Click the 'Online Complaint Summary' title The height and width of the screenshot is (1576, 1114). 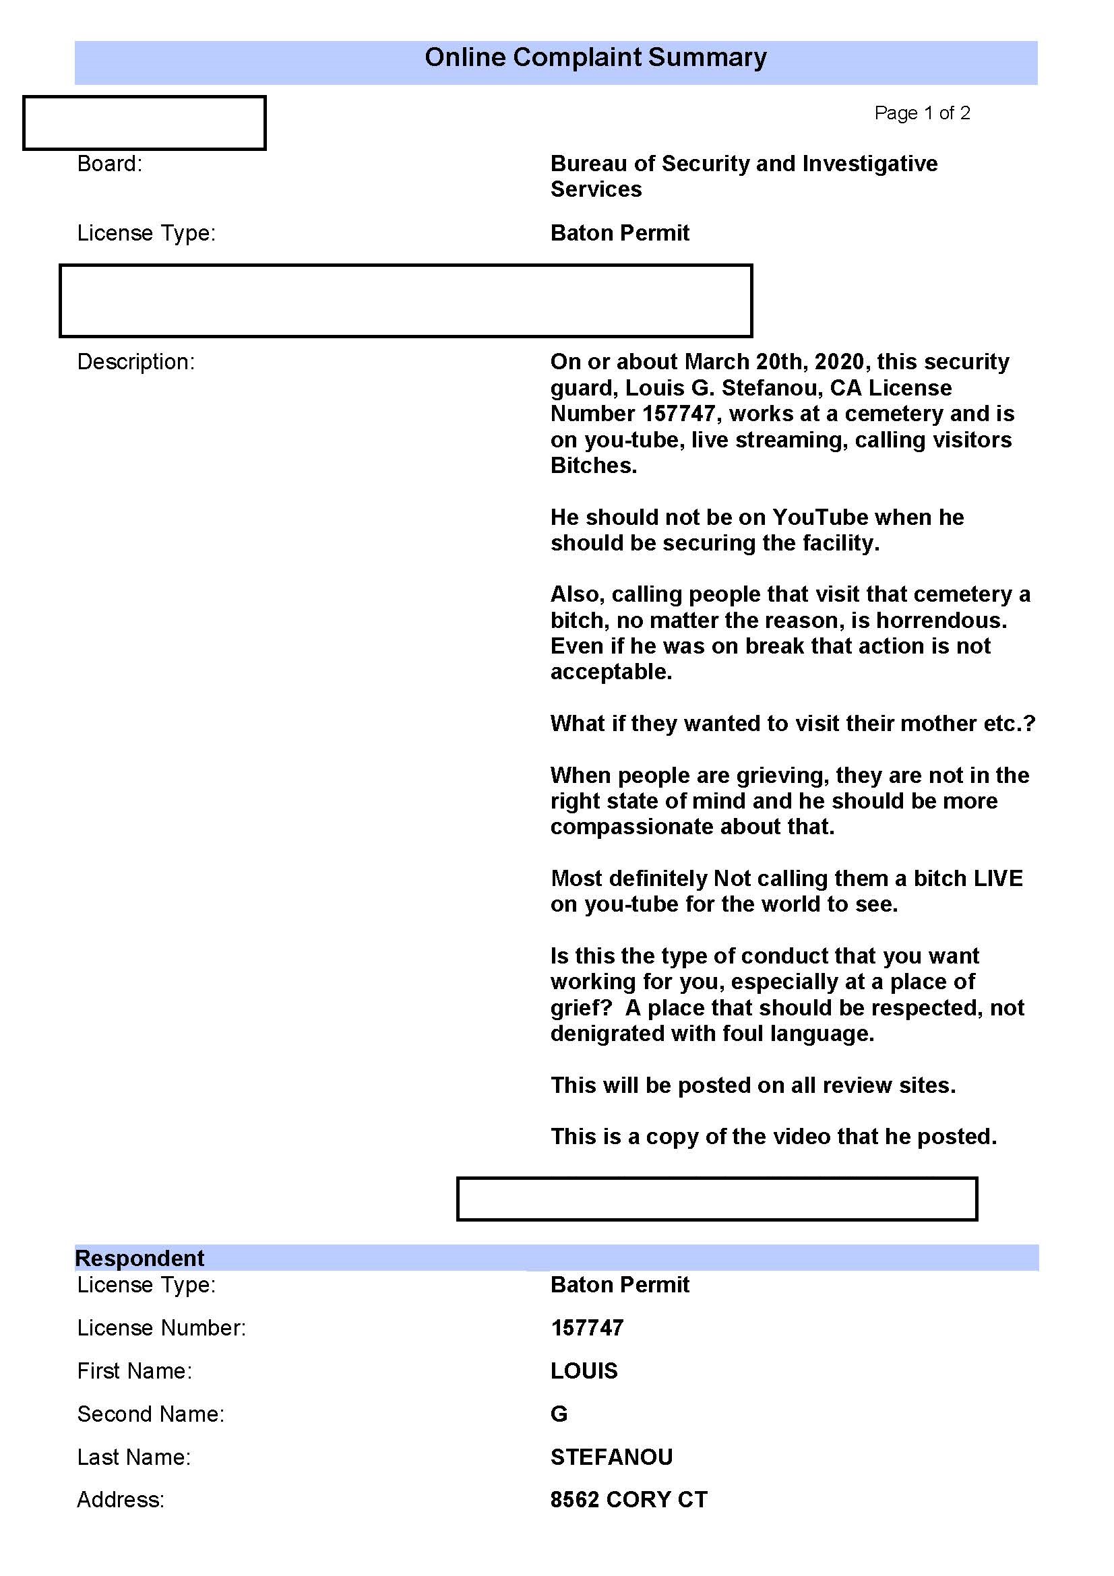click(595, 57)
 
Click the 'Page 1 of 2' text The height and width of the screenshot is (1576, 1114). click(921, 113)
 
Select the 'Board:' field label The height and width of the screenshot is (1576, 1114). click(109, 163)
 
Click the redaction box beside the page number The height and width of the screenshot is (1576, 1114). click(144, 123)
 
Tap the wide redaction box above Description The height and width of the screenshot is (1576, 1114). click(406, 301)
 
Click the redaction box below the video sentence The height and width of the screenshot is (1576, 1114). click(716, 1199)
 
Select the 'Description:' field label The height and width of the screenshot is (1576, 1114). click(136, 362)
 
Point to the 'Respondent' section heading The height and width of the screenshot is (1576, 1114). click(140, 1257)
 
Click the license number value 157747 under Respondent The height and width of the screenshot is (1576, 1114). click(587, 1327)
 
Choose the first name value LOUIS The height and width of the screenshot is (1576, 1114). click(584, 1370)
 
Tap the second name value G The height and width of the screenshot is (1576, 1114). click(559, 1414)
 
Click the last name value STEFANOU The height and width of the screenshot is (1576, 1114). click(611, 1457)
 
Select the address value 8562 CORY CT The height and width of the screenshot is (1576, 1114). click(628, 1499)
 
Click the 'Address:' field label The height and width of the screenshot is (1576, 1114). click(121, 1499)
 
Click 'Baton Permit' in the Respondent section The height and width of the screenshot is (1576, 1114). click(619, 1284)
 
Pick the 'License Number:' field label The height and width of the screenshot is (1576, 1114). click(161, 1327)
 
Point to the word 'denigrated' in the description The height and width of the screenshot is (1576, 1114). click(607, 1033)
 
